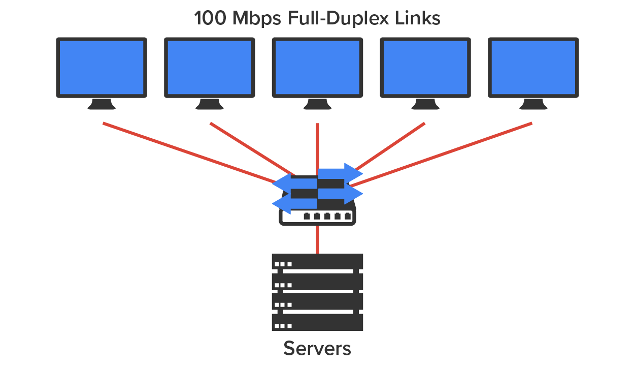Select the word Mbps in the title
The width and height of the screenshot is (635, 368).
[257, 19]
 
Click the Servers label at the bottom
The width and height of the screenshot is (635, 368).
[317, 349]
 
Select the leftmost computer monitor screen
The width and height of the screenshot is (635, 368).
[102, 67]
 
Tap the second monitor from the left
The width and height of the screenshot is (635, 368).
[210, 67]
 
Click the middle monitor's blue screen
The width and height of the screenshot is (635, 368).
[318, 67]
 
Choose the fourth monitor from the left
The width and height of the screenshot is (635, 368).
[425, 67]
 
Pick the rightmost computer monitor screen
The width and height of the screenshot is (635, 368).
[533, 67]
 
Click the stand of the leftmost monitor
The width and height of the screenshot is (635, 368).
[102, 104]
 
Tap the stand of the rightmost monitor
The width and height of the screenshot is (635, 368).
[533, 104]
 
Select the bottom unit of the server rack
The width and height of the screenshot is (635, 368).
[318, 322]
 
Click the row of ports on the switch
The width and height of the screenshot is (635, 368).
[327, 217]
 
